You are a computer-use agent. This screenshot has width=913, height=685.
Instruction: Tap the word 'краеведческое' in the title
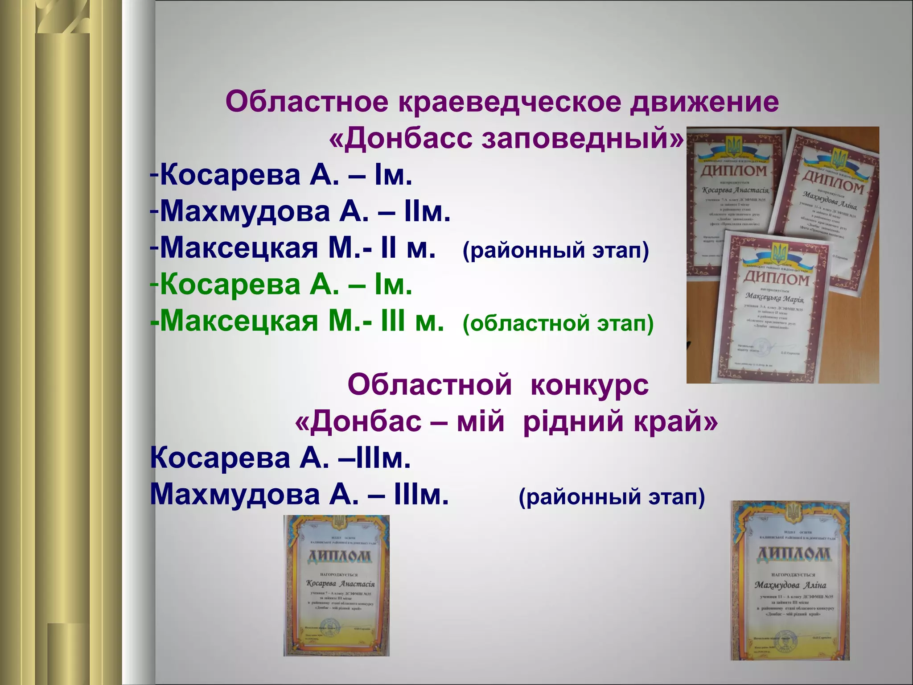click(509, 102)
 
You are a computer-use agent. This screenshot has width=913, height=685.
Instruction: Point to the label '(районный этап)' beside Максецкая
click(555, 250)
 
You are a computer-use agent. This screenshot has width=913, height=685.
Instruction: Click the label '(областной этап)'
click(558, 323)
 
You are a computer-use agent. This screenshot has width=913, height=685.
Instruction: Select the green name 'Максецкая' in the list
click(239, 321)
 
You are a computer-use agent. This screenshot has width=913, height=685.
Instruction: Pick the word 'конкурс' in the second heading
click(589, 384)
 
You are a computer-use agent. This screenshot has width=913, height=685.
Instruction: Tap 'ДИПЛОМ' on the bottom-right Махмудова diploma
click(794, 554)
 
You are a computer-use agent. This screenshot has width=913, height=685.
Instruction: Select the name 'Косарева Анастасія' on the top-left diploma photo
click(734, 190)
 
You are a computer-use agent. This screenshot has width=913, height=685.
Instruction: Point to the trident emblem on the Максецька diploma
click(779, 253)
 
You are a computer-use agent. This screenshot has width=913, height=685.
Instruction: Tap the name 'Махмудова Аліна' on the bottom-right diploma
click(790, 585)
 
